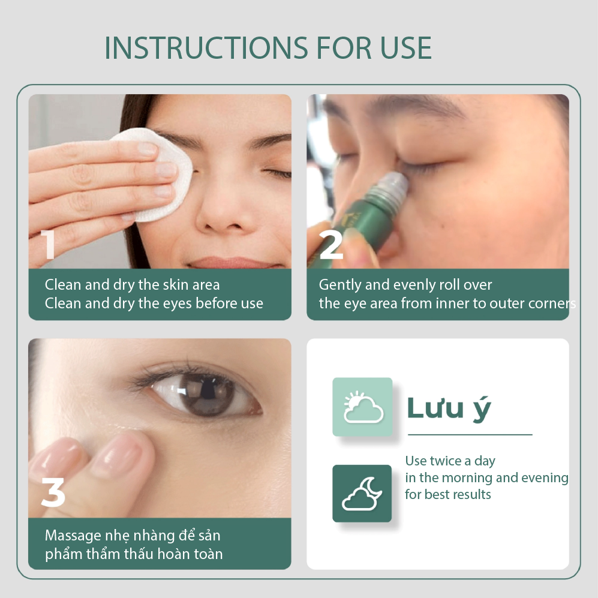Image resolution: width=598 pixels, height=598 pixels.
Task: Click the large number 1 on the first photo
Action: pyautogui.click(x=48, y=245)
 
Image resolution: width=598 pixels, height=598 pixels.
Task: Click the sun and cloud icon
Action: pyautogui.click(x=362, y=407)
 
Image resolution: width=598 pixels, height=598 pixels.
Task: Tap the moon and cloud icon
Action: pyautogui.click(x=362, y=493)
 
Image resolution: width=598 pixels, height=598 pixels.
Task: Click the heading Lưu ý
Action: pyautogui.click(x=449, y=408)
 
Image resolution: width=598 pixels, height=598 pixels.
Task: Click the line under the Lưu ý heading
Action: pyautogui.click(x=470, y=434)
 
